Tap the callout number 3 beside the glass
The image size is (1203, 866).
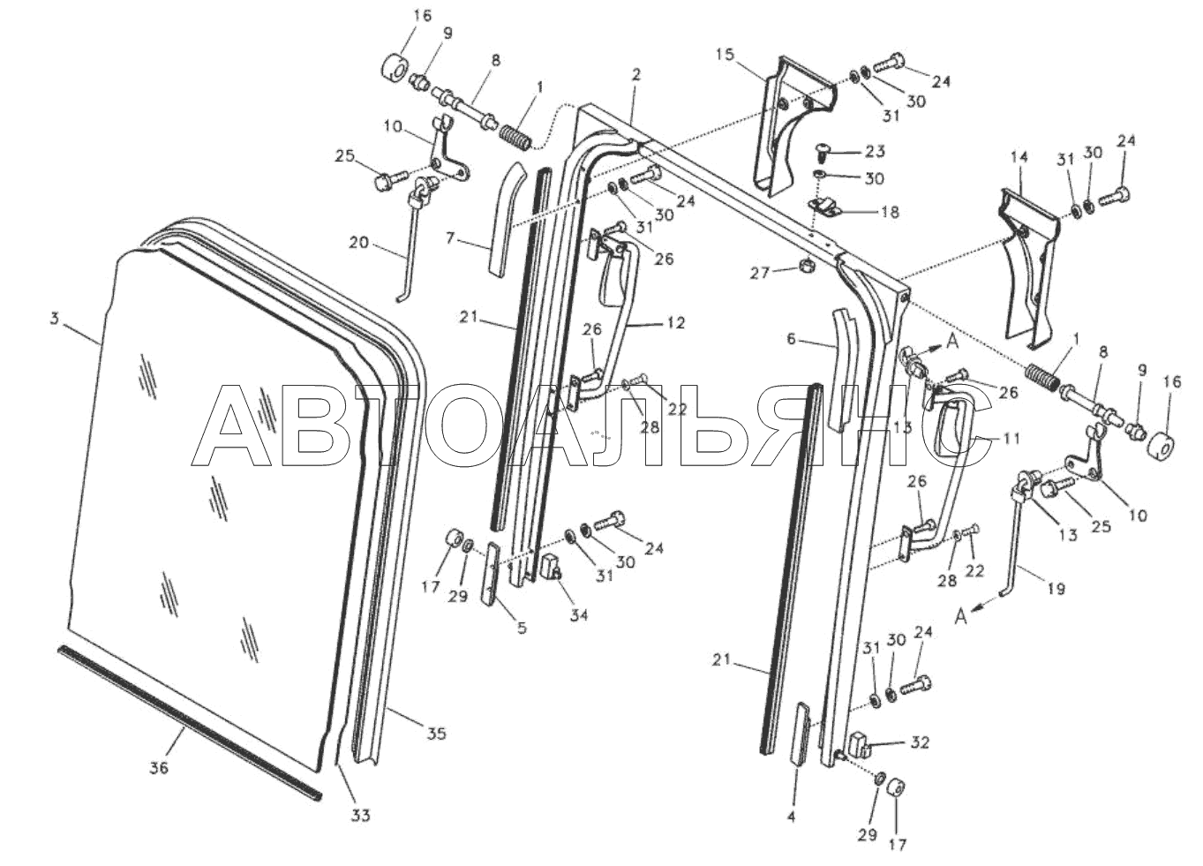(x=54, y=320)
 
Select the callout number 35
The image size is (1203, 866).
(x=437, y=734)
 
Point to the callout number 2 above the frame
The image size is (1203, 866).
(x=635, y=75)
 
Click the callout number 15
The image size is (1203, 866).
(x=724, y=55)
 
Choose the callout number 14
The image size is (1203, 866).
(x=1019, y=156)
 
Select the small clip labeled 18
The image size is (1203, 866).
(x=825, y=208)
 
